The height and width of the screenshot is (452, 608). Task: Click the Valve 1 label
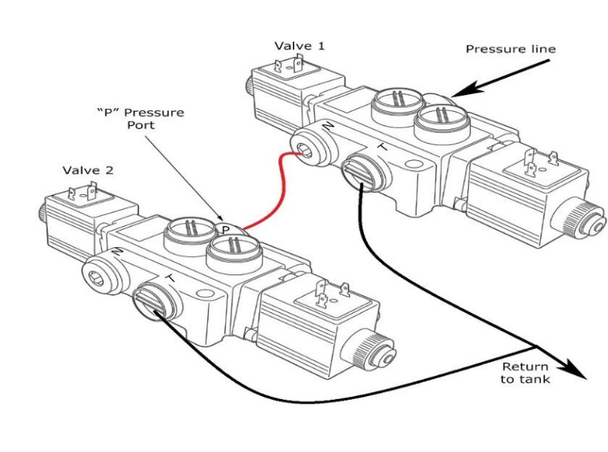[x=300, y=46]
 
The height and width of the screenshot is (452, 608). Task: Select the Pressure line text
[x=510, y=49]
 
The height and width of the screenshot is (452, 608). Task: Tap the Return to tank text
[x=525, y=373]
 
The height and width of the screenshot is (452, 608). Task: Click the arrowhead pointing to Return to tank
[x=578, y=373]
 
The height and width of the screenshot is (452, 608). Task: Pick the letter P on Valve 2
[x=225, y=228]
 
